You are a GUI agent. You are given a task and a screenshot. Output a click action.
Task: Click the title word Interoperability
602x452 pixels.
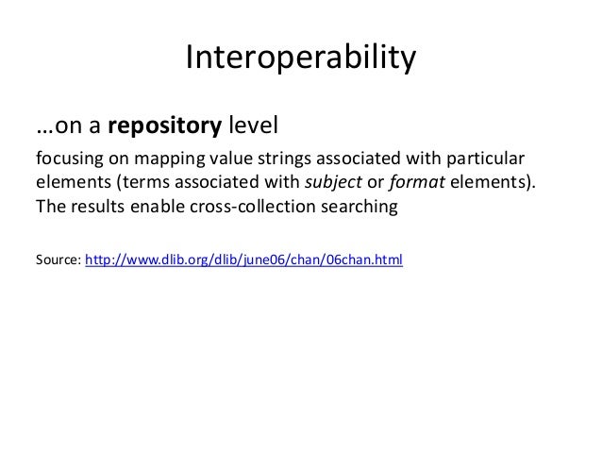coord(300,59)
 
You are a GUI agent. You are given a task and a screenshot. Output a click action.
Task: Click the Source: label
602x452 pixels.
coord(58,258)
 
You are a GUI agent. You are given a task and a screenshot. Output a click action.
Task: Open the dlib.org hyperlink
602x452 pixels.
coord(244,258)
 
